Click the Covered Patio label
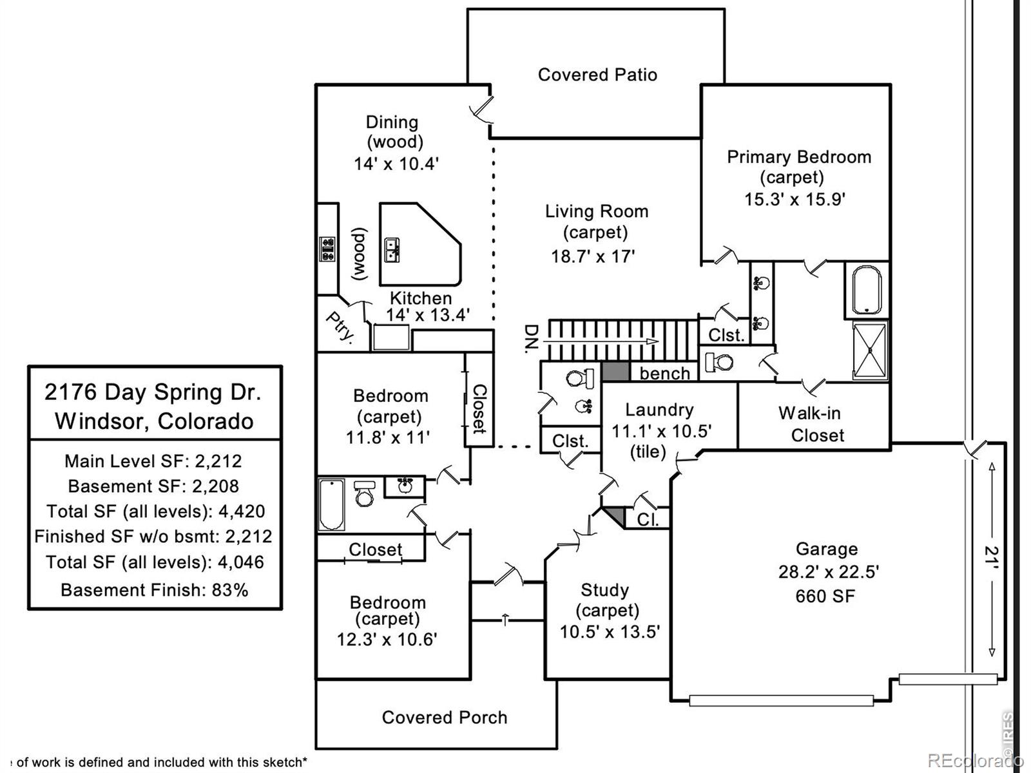597,75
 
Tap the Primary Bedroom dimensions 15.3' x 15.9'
795,200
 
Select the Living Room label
597,211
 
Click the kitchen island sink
392,250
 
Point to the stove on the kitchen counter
328,249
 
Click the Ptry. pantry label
340,327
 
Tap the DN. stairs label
531,339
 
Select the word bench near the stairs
664,374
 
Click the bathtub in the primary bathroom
867,291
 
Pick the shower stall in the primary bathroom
871,350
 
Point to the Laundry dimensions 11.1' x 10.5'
661,431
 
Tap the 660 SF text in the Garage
825,596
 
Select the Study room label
604,590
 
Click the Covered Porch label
445,717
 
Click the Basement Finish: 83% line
154,589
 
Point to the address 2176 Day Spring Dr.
153,392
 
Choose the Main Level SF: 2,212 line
153,461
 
